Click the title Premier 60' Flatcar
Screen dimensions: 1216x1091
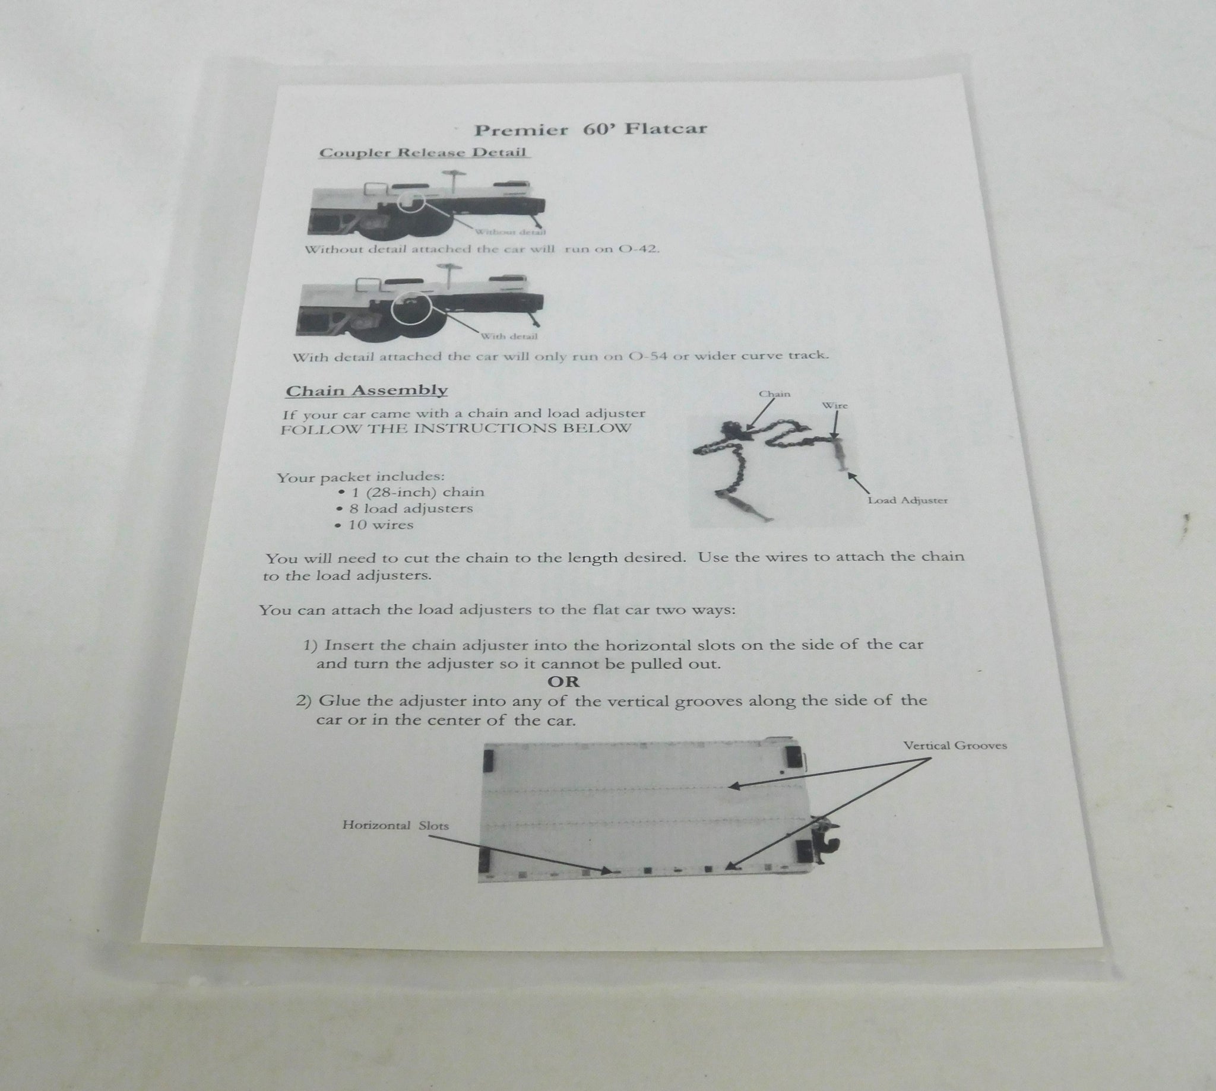[x=591, y=129]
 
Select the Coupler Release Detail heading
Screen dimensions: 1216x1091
[x=423, y=153]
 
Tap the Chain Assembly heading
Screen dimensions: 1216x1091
[x=366, y=391]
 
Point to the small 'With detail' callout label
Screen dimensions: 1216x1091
[x=509, y=337]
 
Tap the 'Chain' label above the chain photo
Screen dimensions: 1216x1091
[x=775, y=394]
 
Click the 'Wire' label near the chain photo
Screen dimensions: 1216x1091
[x=835, y=406]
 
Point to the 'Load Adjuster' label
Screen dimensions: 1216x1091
[x=908, y=500]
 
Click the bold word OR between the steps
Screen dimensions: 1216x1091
[x=563, y=681]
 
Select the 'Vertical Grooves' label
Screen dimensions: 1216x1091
[x=955, y=746]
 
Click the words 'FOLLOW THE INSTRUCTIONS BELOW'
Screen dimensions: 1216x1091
[x=455, y=429]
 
